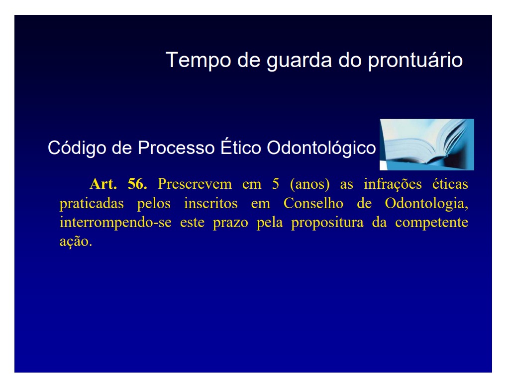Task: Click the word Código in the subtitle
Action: (77, 148)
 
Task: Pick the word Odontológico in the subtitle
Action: (321, 148)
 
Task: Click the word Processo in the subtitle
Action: (176, 148)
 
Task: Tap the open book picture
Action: (427, 145)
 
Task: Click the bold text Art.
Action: (103, 184)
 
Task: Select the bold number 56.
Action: (137, 184)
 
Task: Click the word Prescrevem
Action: (195, 184)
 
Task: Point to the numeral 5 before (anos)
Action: (276, 184)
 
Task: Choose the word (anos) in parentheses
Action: (309, 184)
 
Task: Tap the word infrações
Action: (393, 184)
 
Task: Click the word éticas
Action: (450, 184)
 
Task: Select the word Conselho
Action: (313, 203)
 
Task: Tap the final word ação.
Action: (76, 242)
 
